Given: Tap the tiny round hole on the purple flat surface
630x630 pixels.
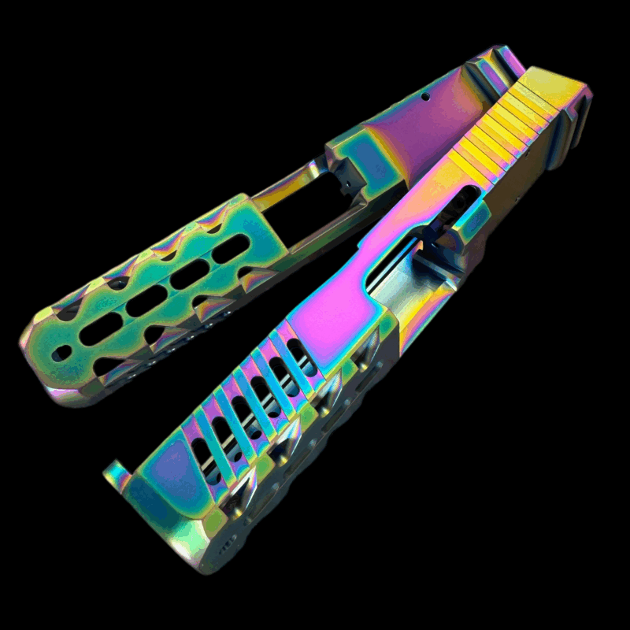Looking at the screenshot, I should coord(425,98).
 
